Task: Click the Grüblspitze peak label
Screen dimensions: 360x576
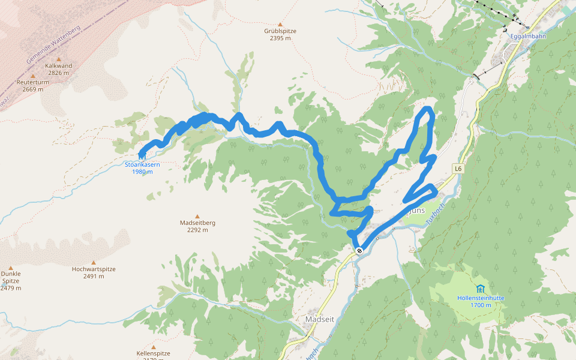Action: [280, 31]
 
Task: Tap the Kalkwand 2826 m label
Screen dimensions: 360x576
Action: [58, 69]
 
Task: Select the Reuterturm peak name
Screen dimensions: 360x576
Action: [31, 82]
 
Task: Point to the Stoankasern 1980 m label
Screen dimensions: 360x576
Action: [142, 167]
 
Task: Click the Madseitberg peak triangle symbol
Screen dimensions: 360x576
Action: [197, 216]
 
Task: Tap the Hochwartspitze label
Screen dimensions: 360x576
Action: [93, 269]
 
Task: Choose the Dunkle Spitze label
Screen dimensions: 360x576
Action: [11, 277]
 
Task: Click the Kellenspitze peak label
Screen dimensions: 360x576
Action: [154, 353]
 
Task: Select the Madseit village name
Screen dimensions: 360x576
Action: [319, 319]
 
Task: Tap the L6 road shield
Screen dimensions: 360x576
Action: [458, 169]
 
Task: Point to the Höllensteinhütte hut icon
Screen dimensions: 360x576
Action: [480, 289]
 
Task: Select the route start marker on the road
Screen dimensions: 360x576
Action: [359, 250]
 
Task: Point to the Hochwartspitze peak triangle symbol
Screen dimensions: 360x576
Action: [93, 262]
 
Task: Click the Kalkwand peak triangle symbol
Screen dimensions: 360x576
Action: [58, 59]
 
